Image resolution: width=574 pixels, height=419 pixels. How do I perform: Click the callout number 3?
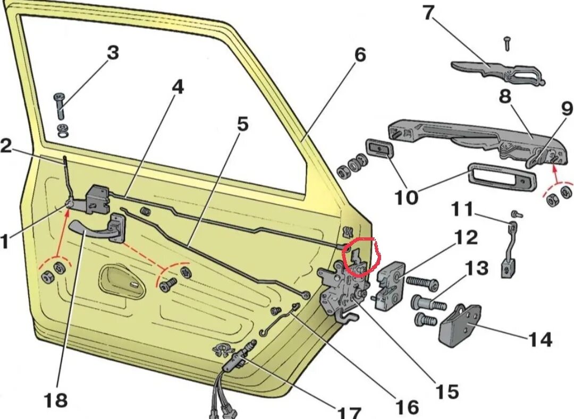tap(113, 53)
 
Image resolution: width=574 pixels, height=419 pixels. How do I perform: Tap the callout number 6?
tap(360, 55)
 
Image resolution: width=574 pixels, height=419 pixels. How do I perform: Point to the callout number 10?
tap(406, 198)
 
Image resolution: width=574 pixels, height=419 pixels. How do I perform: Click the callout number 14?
tap(540, 339)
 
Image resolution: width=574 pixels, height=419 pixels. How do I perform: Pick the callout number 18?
tap(56, 400)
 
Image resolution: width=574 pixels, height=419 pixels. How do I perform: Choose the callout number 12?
tap(466, 237)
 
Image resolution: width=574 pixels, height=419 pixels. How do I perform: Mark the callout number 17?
tap(349, 412)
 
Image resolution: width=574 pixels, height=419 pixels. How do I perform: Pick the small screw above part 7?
tap(508, 44)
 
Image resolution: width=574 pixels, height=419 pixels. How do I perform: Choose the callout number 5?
tap(242, 125)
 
